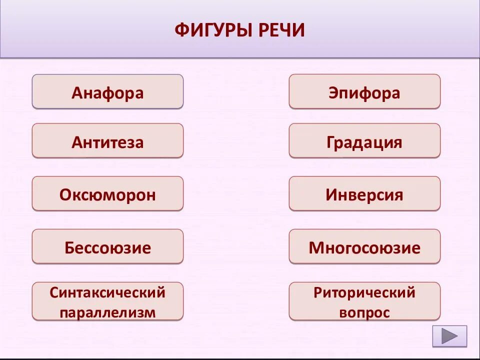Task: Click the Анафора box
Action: click(107, 91)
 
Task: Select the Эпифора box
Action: click(364, 91)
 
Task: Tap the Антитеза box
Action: click(107, 141)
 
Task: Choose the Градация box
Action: click(364, 141)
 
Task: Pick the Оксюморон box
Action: click(107, 193)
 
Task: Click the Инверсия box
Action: click(364, 193)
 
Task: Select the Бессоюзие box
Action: click(107, 246)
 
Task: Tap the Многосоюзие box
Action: click(364, 246)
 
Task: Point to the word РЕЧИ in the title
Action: click(281, 30)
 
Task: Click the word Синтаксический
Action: click(107, 292)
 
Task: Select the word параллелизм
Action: click(107, 312)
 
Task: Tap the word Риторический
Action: click(364, 292)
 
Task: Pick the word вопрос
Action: click(364, 312)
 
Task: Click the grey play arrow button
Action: click(449, 336)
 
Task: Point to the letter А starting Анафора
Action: click(76, 93)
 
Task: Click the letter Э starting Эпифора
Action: click(333, 93)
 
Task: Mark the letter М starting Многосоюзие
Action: click(315, 248)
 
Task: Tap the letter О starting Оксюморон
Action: click(65, 195)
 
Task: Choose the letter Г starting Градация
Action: click(330, 142)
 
